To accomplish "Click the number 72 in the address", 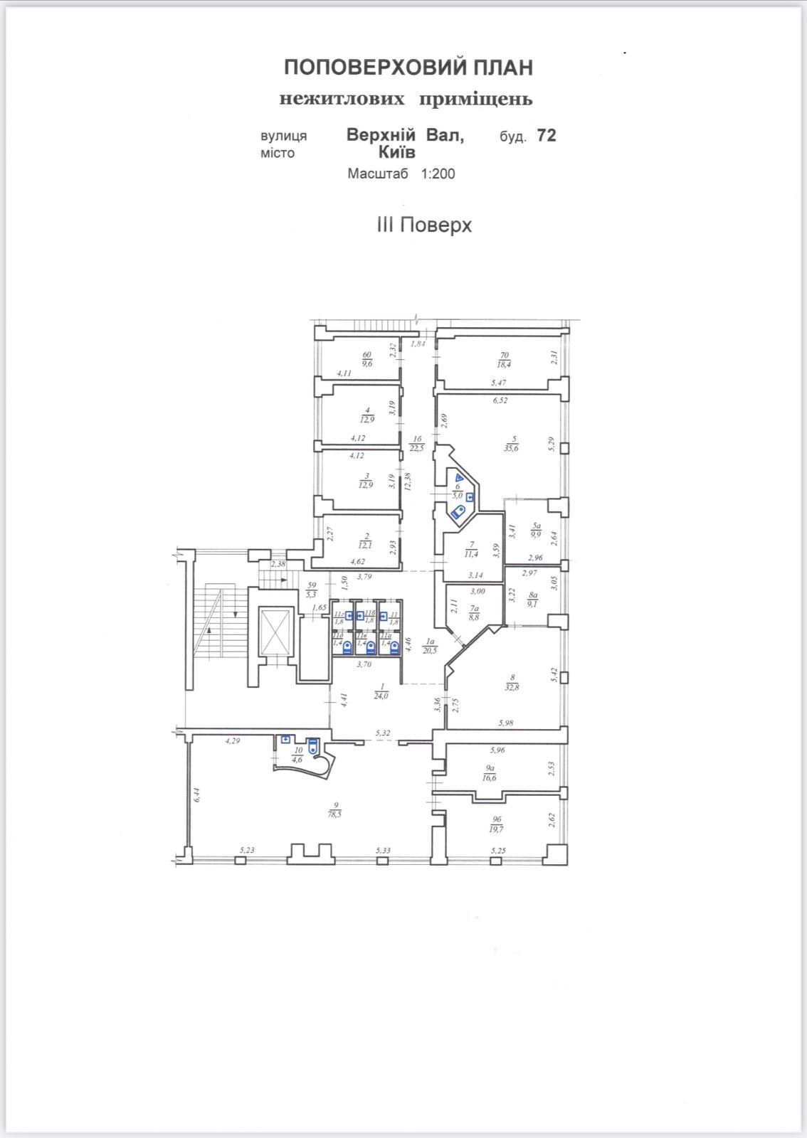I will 547,135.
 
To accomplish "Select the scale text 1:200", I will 438,174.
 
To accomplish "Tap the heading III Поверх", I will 424,225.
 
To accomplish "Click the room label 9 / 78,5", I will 334,810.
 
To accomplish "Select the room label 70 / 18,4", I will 505,359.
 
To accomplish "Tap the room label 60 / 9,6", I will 367,358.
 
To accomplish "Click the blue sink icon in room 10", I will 285,740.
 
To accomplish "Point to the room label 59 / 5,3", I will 310,590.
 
